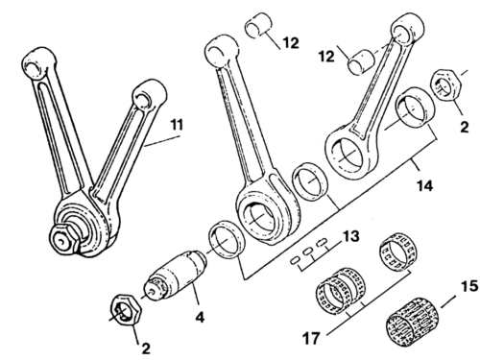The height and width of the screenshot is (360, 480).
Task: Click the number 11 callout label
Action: click(177, 125)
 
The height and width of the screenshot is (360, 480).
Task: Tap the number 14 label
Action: click(424, 185)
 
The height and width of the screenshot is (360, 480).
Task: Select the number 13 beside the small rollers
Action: click(351, 236)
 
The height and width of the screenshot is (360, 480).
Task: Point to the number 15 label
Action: click(469, 286)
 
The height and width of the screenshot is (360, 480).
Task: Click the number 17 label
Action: click(311, 338)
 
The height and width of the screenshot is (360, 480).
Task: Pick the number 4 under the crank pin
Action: click(200, 318)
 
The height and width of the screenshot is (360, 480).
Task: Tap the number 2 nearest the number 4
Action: click(146, 348)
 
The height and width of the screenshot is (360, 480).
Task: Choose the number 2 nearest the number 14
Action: click(465, 127)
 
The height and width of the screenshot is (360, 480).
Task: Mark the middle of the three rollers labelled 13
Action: click(308, 252)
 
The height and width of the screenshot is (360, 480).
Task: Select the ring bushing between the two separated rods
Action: click(309, 180)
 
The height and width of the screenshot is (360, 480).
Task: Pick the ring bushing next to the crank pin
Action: click(227, 239)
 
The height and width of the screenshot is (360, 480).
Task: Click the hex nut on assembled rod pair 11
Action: click(65, 239)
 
